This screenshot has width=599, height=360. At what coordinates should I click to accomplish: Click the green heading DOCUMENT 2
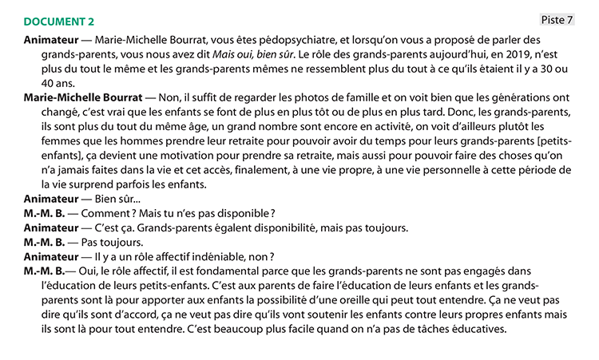coord(59,22)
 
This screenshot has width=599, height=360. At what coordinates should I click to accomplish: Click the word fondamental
coord(204,271)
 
